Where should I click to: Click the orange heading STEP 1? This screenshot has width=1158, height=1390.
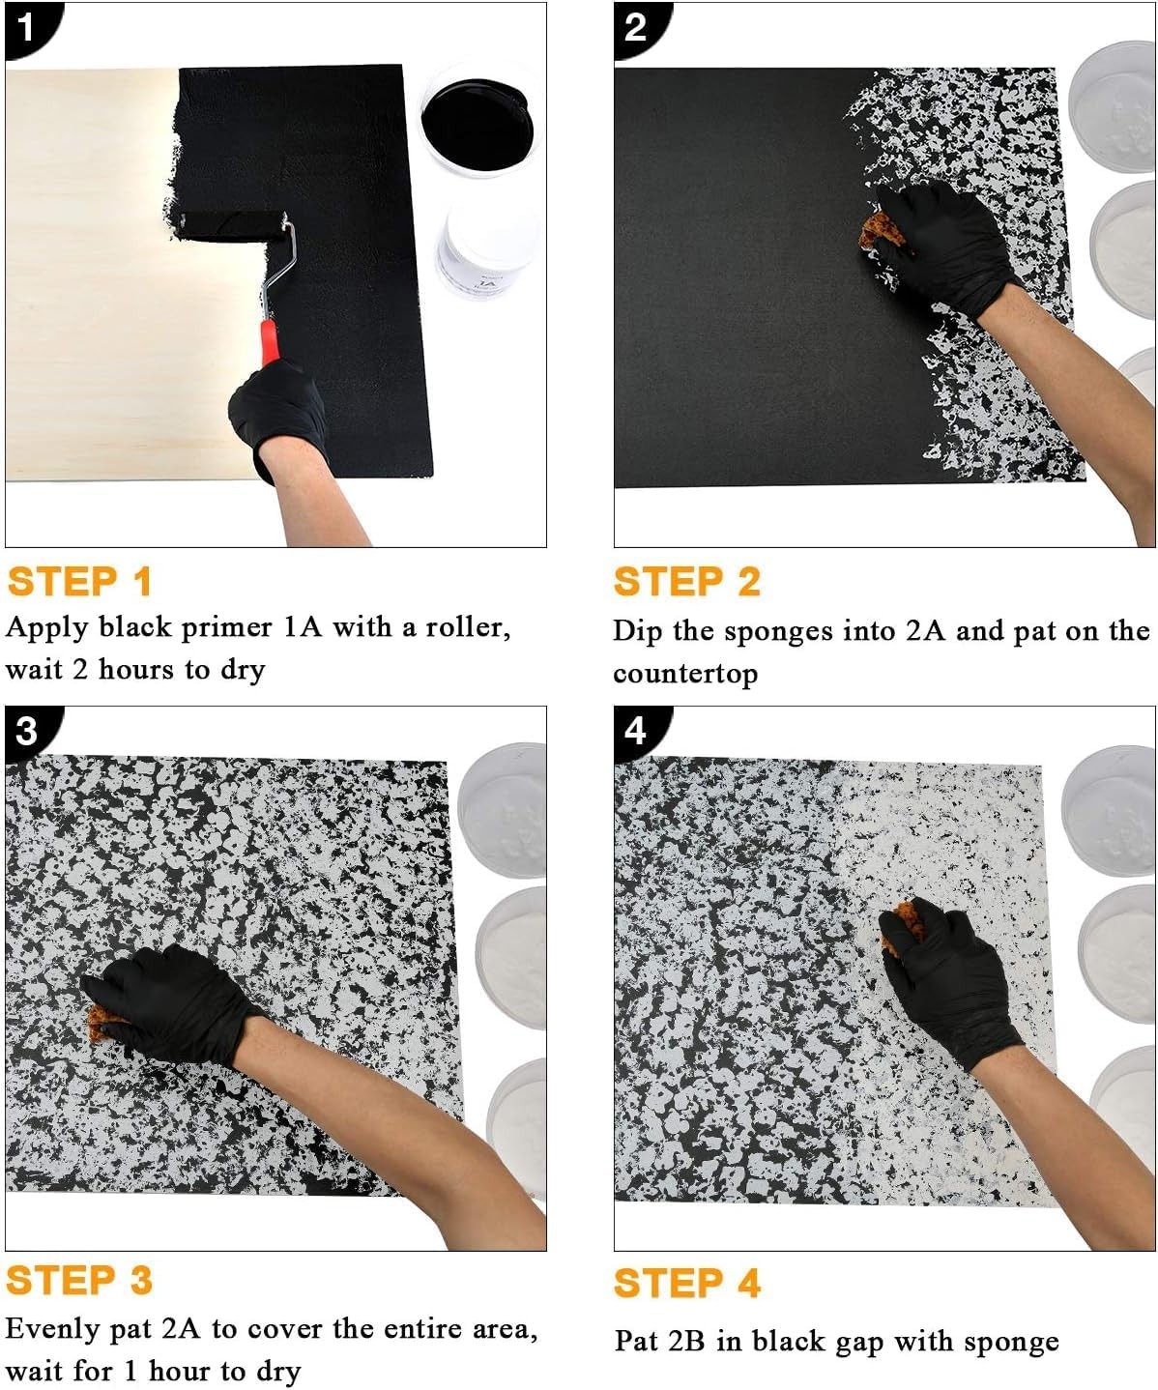pyautogui.click(x=80, y=581)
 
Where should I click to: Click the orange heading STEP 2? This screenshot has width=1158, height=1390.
pyautogui.click(x=686, y=581)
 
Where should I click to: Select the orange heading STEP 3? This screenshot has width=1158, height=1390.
pyautogui.click(x=80, y=1280)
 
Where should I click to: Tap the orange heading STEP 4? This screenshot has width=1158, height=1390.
pyautogui.click(x=686, y=1283)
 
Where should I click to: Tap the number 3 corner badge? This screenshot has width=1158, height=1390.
pyautogui.click(x=28, y=731)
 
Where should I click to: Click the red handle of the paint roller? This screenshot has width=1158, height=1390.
pyautogui.click(x=269, y=342)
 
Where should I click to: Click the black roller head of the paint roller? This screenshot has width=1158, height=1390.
pyautogui.click(x=230, y=225)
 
